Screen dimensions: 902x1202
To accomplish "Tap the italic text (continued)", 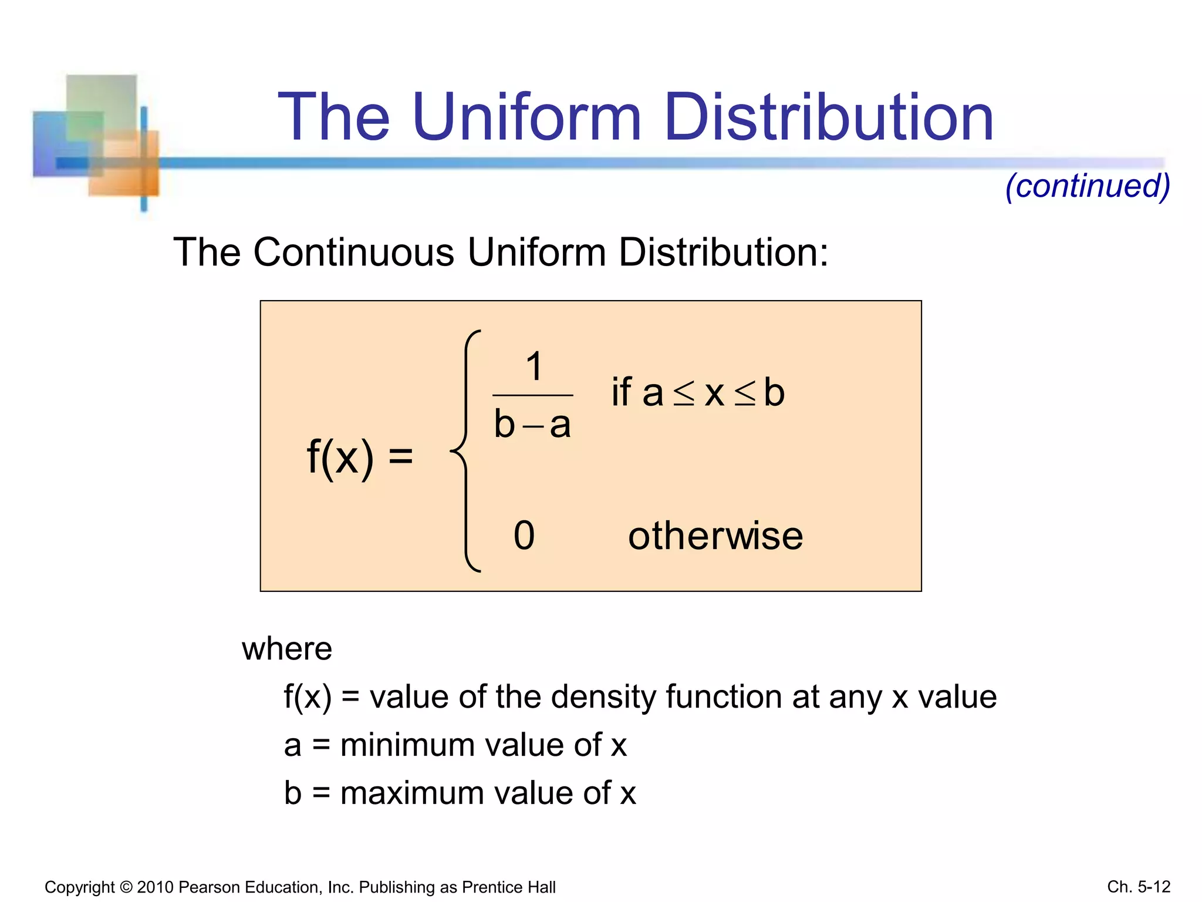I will (1088, 187).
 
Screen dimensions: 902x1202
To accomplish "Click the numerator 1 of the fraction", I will (534, 366).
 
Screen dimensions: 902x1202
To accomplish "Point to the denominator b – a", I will (532, 425).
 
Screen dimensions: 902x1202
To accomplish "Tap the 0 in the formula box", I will (524, 536).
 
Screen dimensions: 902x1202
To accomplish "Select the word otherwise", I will (715, 536).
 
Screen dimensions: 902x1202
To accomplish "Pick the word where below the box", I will (287, 649).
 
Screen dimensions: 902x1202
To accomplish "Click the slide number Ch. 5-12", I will (1139, 887).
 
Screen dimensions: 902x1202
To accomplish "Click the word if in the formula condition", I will (622, 392).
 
